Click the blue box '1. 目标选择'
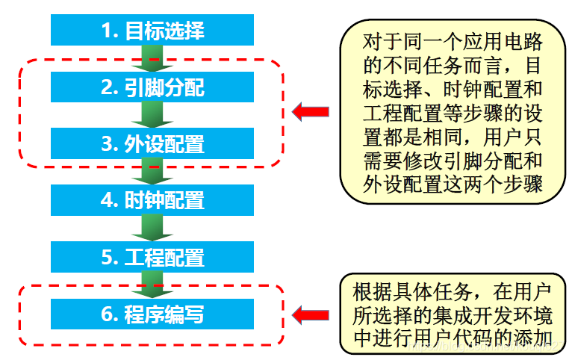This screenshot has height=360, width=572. [x=152, y=31]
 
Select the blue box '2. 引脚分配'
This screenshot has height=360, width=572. [x=152, y=87]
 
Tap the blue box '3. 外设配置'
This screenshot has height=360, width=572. [x=152, y=143]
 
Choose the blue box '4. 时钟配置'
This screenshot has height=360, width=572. [x=152, y=200]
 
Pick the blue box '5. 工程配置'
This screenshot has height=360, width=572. [x=152, y=258]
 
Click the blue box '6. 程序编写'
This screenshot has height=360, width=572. [x=152, y=314]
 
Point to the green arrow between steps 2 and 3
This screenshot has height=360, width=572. [x=152, y=115]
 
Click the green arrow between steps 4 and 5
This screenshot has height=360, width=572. [x=152, y=228]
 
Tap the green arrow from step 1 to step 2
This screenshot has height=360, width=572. [x=152, y=58]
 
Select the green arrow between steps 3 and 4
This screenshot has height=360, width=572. [x=152, y=171]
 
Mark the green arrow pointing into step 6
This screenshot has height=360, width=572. [x=152, y=285]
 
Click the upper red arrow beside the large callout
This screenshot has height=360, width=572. [x=310, y=113]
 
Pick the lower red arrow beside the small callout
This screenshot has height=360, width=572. [x=310, y=315]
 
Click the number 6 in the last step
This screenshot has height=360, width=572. [x=108, y=314]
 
